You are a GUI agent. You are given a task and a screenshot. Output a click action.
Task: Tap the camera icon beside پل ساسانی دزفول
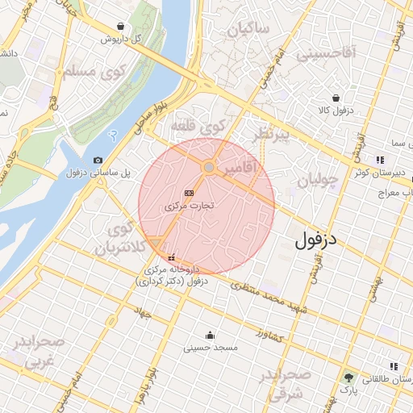98,161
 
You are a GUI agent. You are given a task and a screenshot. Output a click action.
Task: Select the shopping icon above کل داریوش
121,27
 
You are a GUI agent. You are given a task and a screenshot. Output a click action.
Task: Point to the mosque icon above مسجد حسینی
211,335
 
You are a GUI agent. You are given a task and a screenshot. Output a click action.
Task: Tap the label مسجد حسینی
211,348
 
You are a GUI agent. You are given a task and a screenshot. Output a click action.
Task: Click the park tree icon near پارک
348,377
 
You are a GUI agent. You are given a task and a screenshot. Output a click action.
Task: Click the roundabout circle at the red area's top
208,167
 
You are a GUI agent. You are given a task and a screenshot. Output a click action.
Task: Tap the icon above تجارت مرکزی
189,194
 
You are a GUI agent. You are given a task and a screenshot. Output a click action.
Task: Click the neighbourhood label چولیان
315,180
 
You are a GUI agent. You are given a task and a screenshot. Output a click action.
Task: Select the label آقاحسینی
327,55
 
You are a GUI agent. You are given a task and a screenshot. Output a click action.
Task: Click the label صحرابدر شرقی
287,385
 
